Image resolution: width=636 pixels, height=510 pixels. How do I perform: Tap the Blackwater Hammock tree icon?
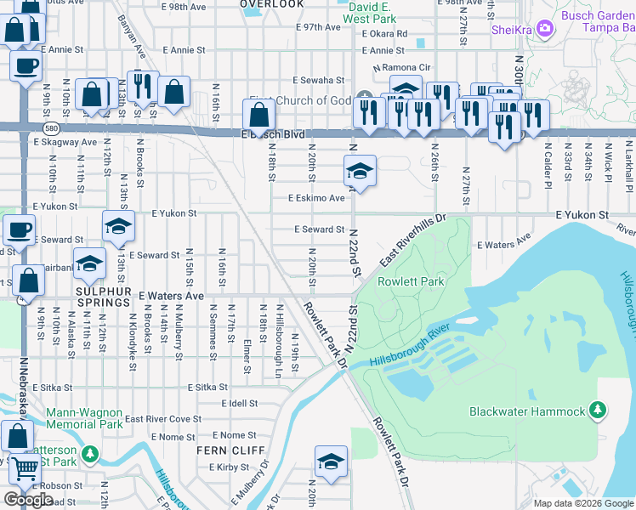599,411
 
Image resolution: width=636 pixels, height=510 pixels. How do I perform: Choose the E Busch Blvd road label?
272,135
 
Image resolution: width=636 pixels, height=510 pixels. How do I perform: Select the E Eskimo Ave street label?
316,198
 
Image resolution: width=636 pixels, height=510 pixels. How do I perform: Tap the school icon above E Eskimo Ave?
360,172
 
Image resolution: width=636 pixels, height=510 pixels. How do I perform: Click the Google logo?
28,500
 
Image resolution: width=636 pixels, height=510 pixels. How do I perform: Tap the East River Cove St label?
162,419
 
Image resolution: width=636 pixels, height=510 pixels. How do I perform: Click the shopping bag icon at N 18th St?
258,113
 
